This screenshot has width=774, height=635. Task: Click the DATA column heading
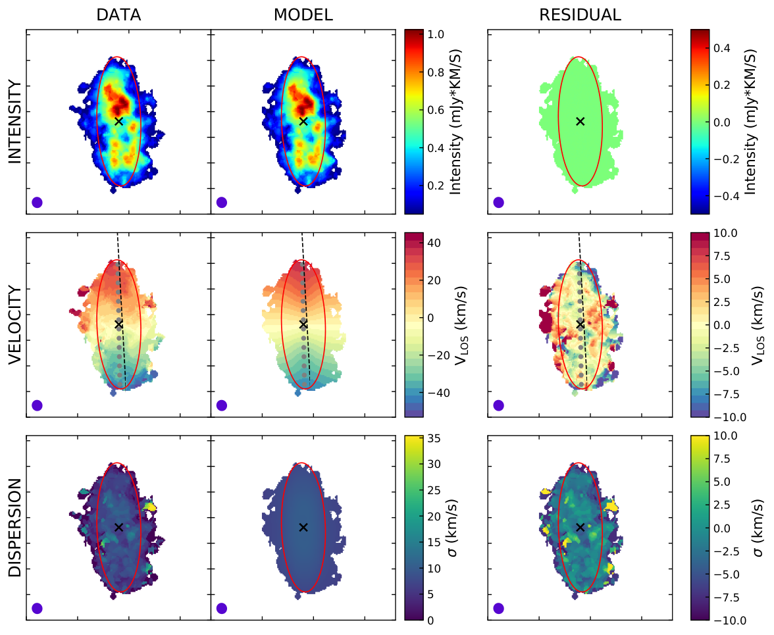pyautogui.click(x=118, y=14)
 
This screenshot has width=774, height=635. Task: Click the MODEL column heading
pyautogui.click(x=303, y=14)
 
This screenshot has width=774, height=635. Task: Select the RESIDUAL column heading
pyautogui.click(x=580, y=14)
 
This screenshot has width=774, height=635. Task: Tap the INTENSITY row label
pyautogui.click(x=15, y=122)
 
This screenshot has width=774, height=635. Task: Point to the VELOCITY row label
pyautogui.click(x=15, y=325)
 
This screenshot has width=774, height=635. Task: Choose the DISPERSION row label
pyautogui.click(x=15, y=528)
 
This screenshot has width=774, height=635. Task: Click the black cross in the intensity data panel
pyautogui.click(x=118, y=121)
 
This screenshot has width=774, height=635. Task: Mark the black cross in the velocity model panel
pyautogui.click(x=303, y=324)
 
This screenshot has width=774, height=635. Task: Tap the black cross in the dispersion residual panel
pyautogui.click(x=580, y=528)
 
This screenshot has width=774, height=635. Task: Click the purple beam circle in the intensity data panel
pyautogui.click(x=37, y=202)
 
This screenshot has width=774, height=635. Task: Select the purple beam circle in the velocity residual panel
pyautogui.click(x=499, y=405)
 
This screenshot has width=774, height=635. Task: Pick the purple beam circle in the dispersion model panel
pyautogui.click(x=222, y=609)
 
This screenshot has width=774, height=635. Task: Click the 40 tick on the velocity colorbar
pyautogui.click(x=434, y=243)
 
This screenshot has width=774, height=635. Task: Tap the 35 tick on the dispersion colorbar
pyautogui.click(x=434, y=438)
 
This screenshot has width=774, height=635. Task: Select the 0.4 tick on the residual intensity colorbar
pyautogui.click(x=721, y=48)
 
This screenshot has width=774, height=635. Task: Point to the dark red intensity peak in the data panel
pyautogui.click(x=118, y=105)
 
